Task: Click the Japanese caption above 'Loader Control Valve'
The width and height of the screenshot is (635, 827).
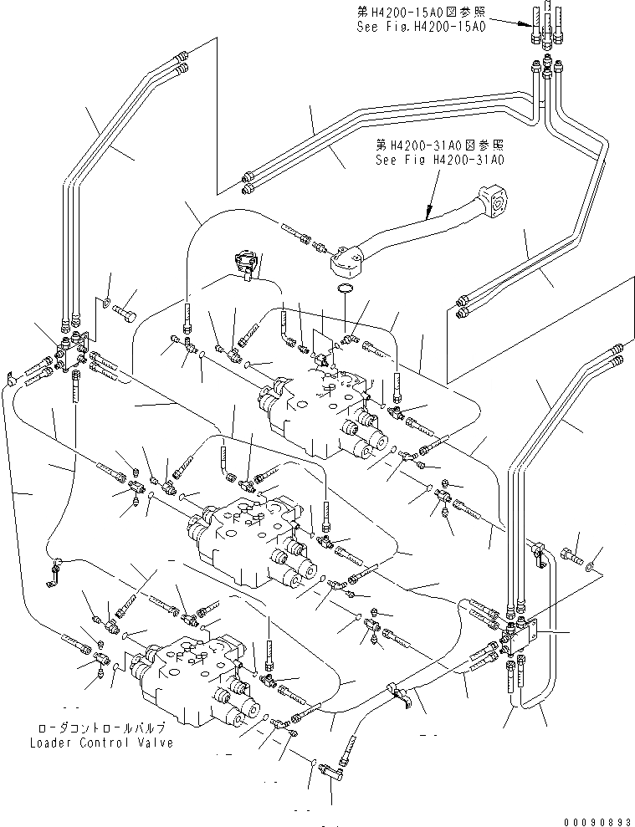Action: [x=101, y=727]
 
